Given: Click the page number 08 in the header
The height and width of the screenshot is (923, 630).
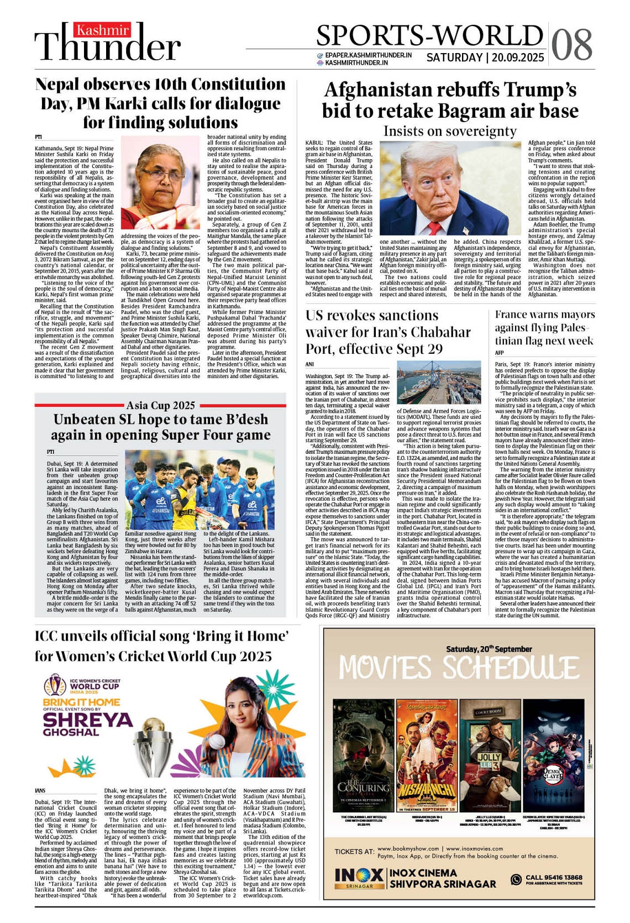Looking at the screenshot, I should [x=572, y=44].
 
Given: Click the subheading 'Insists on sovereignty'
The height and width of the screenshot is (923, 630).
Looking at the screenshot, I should [x=450, y=132].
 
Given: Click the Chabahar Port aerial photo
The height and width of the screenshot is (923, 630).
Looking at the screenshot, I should [x=439, y=382].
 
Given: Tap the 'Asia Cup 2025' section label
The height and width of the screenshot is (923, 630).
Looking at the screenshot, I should [x=160, y=406].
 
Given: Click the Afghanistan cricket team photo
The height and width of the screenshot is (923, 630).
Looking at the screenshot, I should [x=200, y=490].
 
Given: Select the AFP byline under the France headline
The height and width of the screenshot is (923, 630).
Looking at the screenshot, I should [x=499, y=353].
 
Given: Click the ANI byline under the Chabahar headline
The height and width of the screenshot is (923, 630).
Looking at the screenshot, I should [x=310, y=364].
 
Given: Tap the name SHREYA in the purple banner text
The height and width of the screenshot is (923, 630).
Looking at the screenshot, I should [x=88, y=720].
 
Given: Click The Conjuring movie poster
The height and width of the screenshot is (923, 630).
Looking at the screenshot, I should [x=363, y=755].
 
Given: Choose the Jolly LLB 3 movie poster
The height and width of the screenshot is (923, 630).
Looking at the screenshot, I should [x=489, y=755].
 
